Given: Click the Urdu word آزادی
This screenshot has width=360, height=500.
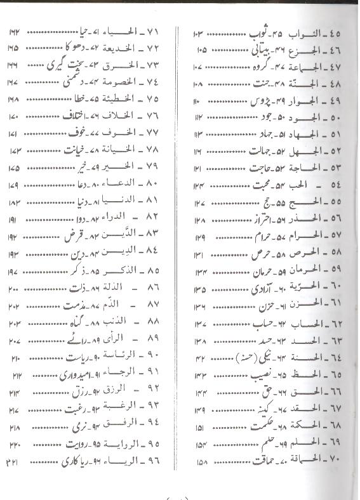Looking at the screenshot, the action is [243, 288].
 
